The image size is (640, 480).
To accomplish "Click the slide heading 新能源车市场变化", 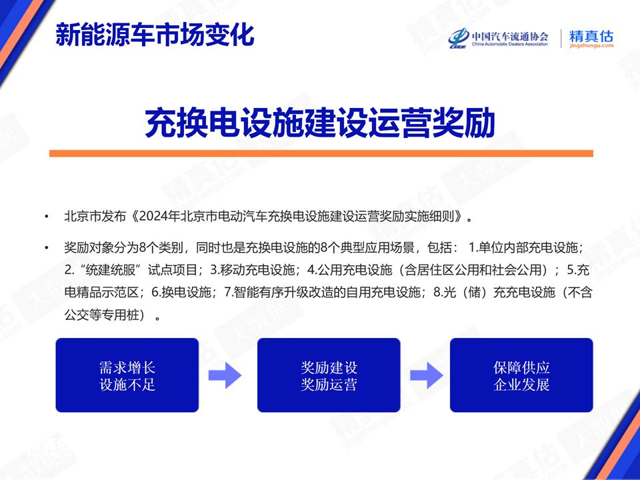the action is pyautogui.click(x=155, y=35).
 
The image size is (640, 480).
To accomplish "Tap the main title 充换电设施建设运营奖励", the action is pyautogui.click(x=320, y=123).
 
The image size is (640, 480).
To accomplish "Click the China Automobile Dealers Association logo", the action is pyautogui.click(x=498, y=39).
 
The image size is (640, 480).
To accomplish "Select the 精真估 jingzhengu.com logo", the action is pyautogui.click(x=591, y=39).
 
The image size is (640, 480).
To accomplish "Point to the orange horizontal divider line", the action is pyautogui.click(x=321, y=153).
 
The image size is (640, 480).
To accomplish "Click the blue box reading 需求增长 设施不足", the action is pyautogui.click(x=127, y=375).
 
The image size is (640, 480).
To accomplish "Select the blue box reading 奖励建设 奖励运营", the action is pyautogui.click(x=329, y=375).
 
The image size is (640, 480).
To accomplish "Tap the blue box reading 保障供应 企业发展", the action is pyautogui.click(x=521, y=375).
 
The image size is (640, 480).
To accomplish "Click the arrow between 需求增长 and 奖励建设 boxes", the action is pyautogui.click(x=225, y=375).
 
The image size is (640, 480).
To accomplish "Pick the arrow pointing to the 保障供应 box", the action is pyautogui.click(x=427, y=375).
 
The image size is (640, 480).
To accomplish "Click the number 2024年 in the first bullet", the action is pyautogui.click(x=159, y=216).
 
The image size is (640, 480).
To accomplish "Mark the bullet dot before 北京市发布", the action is pyautogui.click(x=47, y=216).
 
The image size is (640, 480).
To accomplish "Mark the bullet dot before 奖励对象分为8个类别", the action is pyautogui.click(x=47, y=248).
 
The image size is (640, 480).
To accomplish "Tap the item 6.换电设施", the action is pyautogui.click(x=181, y=292).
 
